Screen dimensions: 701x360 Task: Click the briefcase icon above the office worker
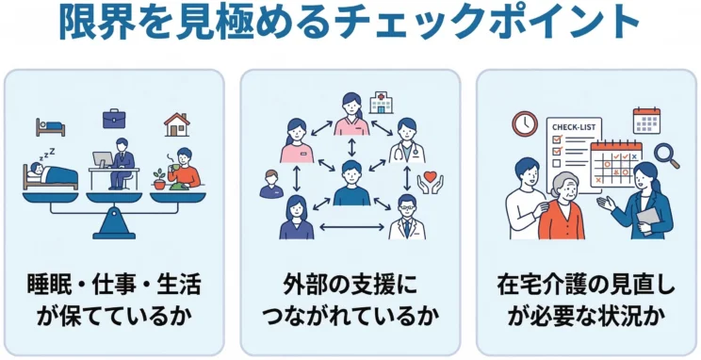pyautogui.click(x=115, y=118)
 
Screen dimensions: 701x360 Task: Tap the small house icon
pyautogui.click(x=176, y=123)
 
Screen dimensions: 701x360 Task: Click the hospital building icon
pyautogui.click(x=382, y=101)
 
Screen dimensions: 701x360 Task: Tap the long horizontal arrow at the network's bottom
pyautogui.click(x=350, y=227)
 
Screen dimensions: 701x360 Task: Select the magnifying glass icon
pyautogui.click(x=667, y=153)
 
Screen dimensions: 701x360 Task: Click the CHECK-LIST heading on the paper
pyautogui.click(x=571, y=128)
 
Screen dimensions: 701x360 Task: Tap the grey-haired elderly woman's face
pyautogui.click(x=561, y=187)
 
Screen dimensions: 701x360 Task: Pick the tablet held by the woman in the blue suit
pyautogui.click(x=649, y=216)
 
